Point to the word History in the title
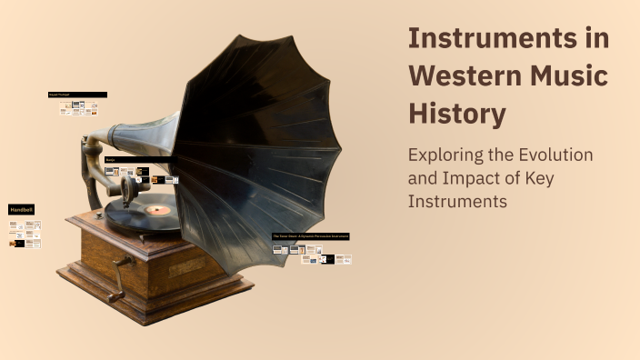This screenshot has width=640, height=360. click(x=456, y=115)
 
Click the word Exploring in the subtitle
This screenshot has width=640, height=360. click(x=445, y=155)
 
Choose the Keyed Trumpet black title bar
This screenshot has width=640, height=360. click(x=77, y=95)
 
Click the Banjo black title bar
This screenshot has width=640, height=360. click(x=136, y=160)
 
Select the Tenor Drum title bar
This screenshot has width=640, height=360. click(x=310, y=236)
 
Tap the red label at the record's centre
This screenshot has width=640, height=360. click(x=158, y=210)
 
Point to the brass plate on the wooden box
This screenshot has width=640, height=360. click(x=186, y=266)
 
